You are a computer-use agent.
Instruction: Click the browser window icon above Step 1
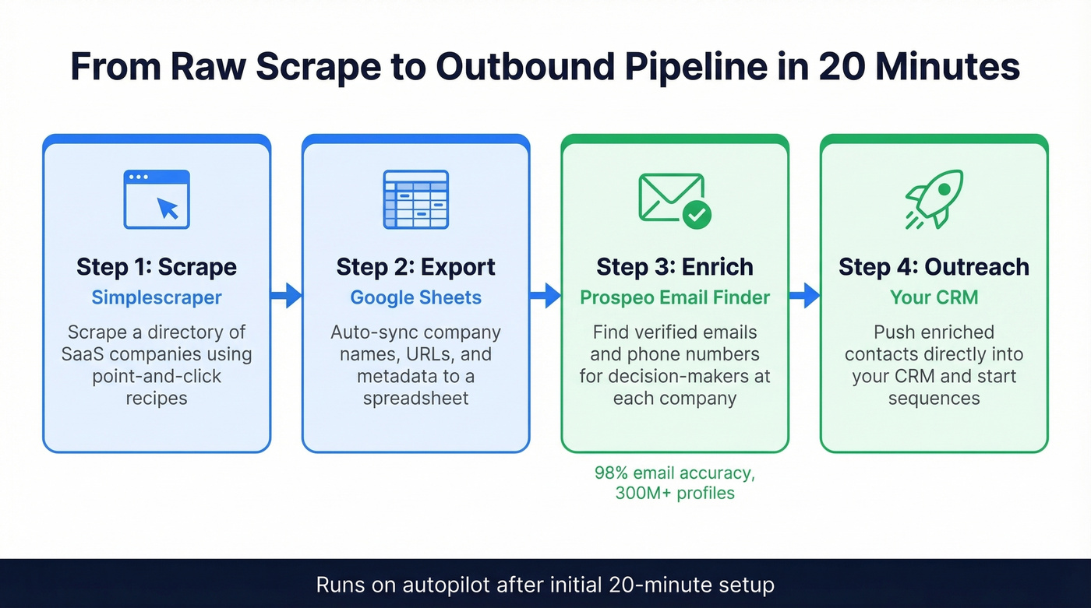click(157, 199)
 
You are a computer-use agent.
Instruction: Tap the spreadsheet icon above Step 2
click(415, 199)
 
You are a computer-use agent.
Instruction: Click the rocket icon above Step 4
click(934, 199)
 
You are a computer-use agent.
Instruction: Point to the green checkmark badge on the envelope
click(696, 214)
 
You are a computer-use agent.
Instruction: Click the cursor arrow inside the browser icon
click(168, 208)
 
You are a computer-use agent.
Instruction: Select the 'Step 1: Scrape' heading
click(157, 267)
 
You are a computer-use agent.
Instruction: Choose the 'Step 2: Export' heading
click(415, 267)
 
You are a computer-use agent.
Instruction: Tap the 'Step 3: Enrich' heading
click(675, 267)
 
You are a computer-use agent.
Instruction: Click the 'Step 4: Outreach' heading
click(934, 267)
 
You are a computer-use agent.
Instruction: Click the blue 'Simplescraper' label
click(157, 297)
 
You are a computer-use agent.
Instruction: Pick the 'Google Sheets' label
click(415, 297)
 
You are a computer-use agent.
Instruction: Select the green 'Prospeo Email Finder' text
click(675, 297)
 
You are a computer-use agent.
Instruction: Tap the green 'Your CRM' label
click(934, 297)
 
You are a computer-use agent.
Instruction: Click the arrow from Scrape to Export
click(287, 295)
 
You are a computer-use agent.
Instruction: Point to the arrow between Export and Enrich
click(545, 295)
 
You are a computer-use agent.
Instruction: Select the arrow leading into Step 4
click(805, 295)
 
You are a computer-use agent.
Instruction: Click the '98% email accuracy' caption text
click(675, 473)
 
